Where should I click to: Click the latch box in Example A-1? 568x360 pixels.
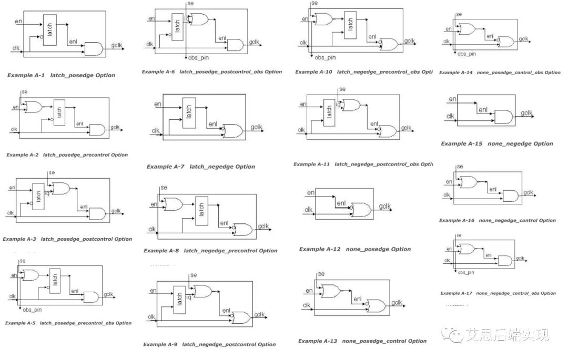(49, 29)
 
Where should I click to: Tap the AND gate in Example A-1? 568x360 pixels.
(93, 49)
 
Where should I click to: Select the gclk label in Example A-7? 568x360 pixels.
(256, 127)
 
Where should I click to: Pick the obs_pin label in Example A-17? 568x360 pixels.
(466, 273)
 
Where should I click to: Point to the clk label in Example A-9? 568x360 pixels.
(151, 316)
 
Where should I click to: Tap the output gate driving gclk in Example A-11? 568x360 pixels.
(389, 131)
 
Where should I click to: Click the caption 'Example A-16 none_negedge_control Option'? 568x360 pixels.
(497, 221)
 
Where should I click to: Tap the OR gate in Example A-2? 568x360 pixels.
(34, 107)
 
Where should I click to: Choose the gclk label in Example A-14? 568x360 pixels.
(523, 39)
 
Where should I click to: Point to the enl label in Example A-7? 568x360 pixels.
(212, 124)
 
